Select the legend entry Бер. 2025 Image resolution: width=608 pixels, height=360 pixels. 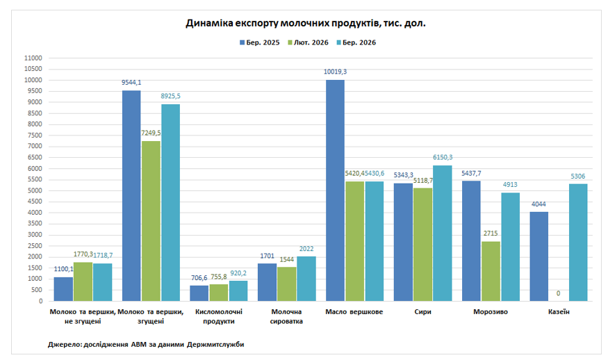click(259, 42)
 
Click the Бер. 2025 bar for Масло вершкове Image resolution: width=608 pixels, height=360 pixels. click(335, 190)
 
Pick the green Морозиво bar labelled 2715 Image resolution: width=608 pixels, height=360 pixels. click(491, 271)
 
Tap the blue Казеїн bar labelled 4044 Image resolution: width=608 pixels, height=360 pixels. click(539, 256)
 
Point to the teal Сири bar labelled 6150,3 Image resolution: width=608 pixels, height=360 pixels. click(442, 233)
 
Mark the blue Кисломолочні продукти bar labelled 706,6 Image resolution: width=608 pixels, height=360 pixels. click(199, 293)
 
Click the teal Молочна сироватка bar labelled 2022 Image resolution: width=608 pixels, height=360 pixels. click(306, 278)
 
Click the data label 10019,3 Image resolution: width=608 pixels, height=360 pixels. click(335, 72)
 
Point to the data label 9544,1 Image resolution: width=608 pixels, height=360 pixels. click(131, 83)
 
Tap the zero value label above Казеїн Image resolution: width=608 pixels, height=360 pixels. click(559, 293)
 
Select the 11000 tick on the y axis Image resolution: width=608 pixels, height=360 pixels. click(33, 58)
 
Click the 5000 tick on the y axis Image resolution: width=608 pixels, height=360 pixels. click(35, 190)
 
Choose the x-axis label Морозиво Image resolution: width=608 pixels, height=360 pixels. click(491, 312)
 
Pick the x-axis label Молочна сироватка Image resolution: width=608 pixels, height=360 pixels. click(286, 316)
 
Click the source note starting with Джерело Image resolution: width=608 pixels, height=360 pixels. click(146, 344)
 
